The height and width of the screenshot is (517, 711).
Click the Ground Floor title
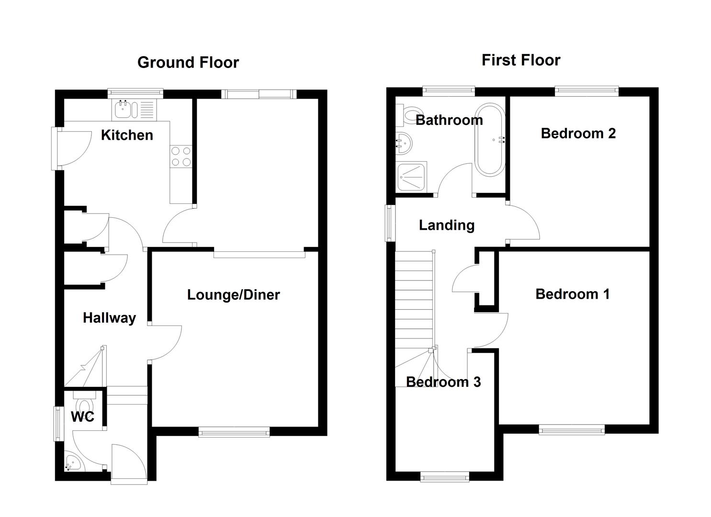coord(188,63)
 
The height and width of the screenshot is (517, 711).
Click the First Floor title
coord(520,60)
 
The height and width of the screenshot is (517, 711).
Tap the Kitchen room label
coord(127,135)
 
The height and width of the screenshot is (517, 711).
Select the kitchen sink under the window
coord(124,110)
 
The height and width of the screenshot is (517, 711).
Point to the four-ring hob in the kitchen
coord(181,157)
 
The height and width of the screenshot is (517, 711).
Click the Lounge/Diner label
coord(233,294)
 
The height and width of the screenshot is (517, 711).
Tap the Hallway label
coord(109,318)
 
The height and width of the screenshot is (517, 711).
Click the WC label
coord(82,417)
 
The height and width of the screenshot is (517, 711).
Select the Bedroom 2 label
coord(578,133)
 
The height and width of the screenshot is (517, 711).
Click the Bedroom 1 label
coord(572,294)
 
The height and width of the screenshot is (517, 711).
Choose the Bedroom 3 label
coord(443,382)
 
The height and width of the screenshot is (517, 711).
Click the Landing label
coord(446,225)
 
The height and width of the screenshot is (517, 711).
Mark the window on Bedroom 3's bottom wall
coord(444,476)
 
